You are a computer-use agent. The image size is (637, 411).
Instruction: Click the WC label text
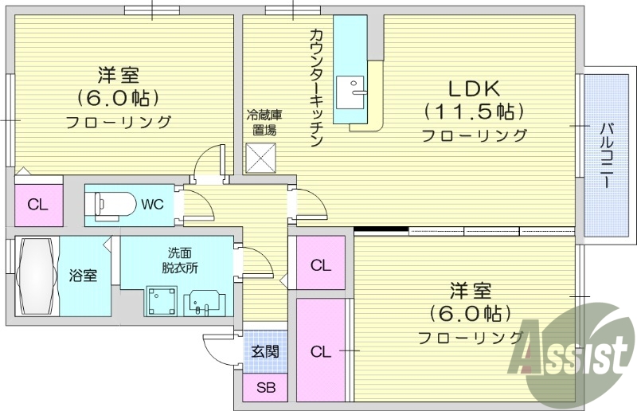click(x=152, y=204)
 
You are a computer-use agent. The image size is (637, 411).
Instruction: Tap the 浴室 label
click(x=83, y=276)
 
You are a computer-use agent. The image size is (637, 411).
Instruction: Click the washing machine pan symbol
click(x=162, y=302)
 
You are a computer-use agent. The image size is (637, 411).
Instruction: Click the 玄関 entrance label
click(x=265, y=350)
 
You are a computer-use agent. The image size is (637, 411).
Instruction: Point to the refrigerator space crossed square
click(x=260, y=157)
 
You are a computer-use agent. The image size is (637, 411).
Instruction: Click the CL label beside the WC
click(x=37, y=204)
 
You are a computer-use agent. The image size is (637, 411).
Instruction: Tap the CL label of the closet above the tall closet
click(x=320, y=264)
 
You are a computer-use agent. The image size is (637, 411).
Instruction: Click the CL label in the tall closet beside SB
click(x=320, y=350)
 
